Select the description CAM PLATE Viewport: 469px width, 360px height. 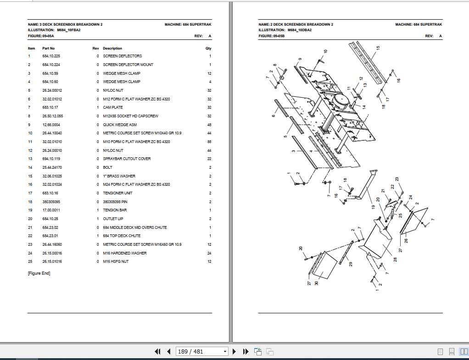[113, 107]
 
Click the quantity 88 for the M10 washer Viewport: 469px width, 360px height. [209, 142]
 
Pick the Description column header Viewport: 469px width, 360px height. [112, 48]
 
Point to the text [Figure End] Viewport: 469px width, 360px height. [39, 273]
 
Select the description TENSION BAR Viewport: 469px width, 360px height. [115, 210]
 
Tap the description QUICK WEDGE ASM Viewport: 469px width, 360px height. [120, 125]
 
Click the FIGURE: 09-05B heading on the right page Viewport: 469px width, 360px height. [272, 36]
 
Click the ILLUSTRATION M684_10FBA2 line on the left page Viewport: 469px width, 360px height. [54, 30]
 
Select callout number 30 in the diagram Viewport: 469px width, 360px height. [316, 283]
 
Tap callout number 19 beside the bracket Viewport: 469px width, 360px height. [373, 207]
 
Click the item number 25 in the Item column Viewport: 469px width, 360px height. [30, 261]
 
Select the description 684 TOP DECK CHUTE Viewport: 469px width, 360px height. [122, 236]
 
